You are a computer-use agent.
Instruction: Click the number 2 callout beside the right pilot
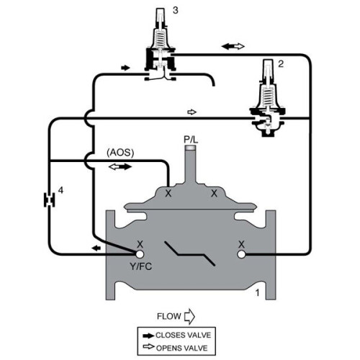click(x=282, y=63)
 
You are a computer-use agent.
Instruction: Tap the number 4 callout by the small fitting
click(x=61, y=190)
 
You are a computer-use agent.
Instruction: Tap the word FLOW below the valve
click(x=168, y=315)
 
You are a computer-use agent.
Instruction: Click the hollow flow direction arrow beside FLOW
click(x=190, y=315)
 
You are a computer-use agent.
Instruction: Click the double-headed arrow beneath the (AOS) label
click(x=120, y=166)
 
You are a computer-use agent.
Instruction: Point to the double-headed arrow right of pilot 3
click(x=233, y=46)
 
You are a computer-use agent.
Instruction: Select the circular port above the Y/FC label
click(x=138, y=254)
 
